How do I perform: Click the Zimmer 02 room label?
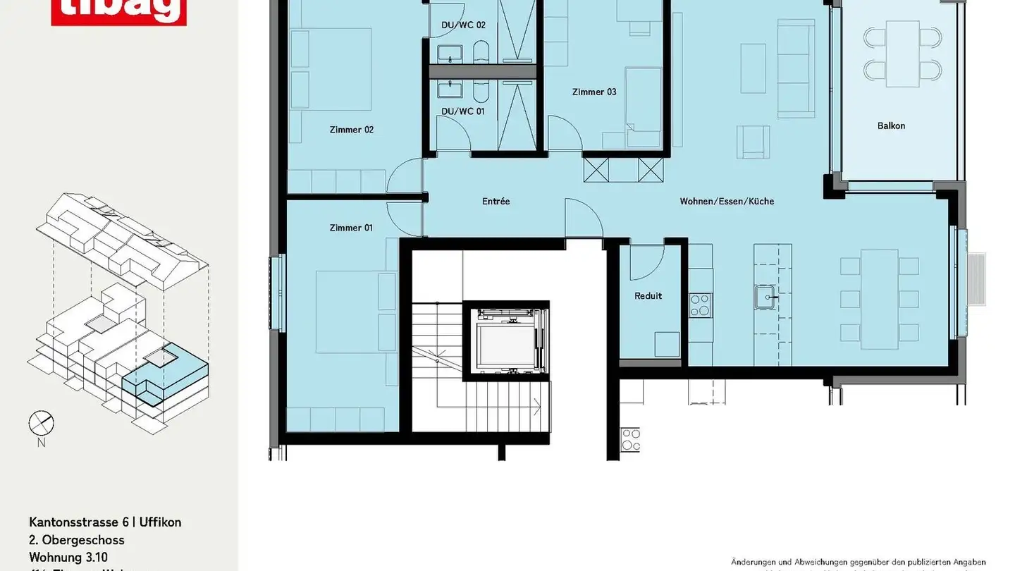click(x=351, y=130)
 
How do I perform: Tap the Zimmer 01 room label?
click(x=351, y=228)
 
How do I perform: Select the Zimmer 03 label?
click(x=593, y=92)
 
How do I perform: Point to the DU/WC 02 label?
click(x=463, y=25)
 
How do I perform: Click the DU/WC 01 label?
click(x=463, y=111)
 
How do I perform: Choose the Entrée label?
click(x=496, y=202)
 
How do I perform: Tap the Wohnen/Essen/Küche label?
click(x=727, y=202)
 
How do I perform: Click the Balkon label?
click(x=891, y=126)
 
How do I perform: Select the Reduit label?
click(x=648, y=296)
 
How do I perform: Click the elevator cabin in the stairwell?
click(x=505, y=341)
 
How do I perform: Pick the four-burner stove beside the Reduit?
click(x=700, y=305)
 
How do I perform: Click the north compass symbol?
click(x=41, y=424)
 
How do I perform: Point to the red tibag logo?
click(x=118, y=11)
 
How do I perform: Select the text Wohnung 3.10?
click(x=69, y=558)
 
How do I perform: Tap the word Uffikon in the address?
click(x=160, y=522)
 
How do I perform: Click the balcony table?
click(x=902, y=54)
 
